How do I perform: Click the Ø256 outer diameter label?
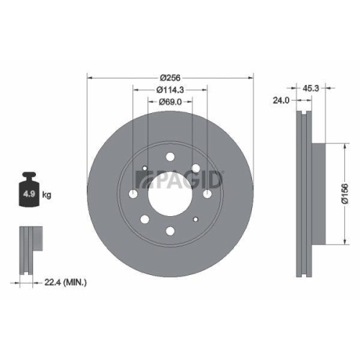[170, 77]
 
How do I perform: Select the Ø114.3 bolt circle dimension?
[170, 90]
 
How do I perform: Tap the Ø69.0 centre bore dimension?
[170, 102]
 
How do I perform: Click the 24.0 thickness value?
[282, 102]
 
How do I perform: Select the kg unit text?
[48, 195]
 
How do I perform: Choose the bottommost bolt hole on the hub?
[170, 230]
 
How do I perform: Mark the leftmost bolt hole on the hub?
[134, 194]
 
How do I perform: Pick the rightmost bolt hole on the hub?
[207, 194]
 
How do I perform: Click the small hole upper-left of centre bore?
[145, 170]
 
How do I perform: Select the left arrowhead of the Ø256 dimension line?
[89, 77]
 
